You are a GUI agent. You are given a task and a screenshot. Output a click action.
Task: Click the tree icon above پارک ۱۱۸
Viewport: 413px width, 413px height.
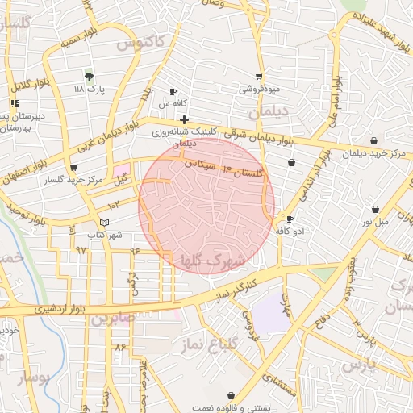click(x=90, y=76)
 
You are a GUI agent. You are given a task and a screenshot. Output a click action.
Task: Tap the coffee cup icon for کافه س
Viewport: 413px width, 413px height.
click(x=173, y=92)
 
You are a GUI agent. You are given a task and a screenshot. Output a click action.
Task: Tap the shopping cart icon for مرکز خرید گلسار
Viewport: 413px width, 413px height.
click(x=74, y=168)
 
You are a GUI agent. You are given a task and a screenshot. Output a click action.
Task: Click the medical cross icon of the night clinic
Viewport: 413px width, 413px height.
click(x=185, y=119)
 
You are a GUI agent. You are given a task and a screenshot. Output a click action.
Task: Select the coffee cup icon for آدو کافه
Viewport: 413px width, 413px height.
click(x=290, y=219)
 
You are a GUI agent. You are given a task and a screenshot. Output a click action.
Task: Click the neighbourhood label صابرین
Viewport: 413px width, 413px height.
click(x=110, y=319)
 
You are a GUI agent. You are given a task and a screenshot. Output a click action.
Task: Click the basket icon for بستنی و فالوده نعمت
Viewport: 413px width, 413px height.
click(x=232, y=395)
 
